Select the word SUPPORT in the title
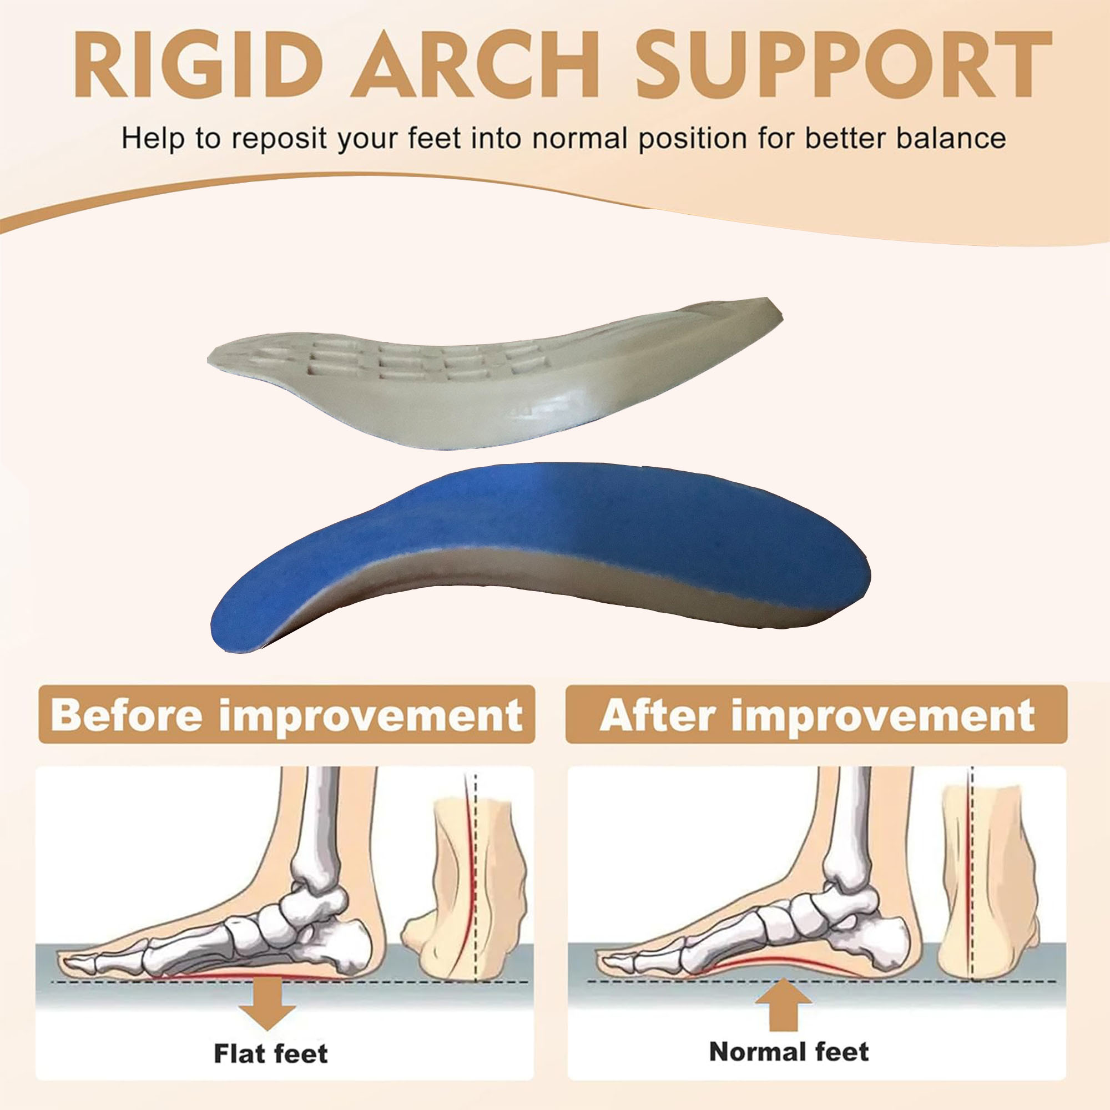[x=844, y=64]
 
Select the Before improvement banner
[x=287, y=715]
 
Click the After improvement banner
[x=816, y=715]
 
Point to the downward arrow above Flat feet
[x=268, y=1005]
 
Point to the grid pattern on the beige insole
[x=402, y=359]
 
